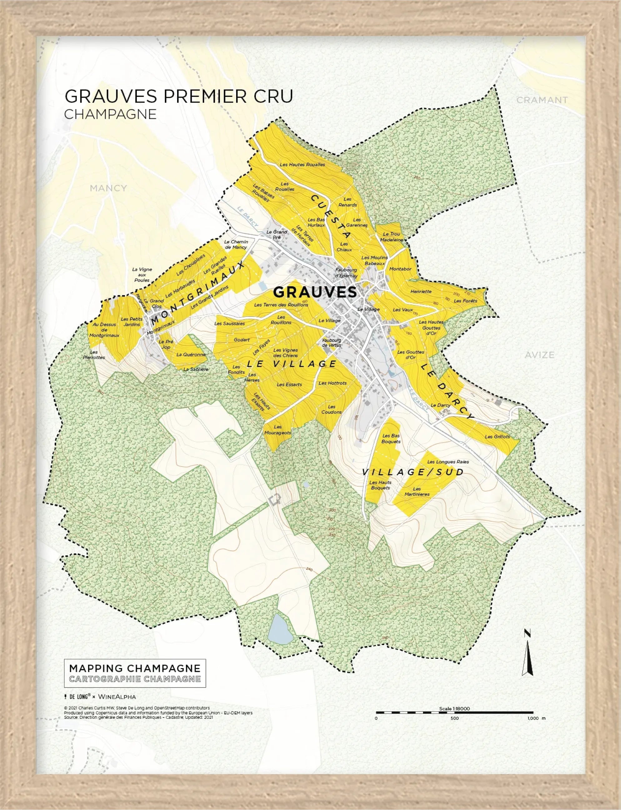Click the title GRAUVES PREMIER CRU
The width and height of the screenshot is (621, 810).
pos(179,96)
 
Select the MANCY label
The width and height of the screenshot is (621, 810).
pos(108,188)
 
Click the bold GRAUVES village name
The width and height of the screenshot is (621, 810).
pos(315,292)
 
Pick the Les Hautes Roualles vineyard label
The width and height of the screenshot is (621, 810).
pos(302,164)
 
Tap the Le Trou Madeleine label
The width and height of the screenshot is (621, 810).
pos(391,237)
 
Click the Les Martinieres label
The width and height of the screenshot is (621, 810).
pos(417,491)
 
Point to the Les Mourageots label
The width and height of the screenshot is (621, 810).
pos(278,430)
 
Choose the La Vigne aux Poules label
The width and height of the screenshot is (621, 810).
pos(142,275)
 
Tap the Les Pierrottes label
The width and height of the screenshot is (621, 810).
pos(94,355)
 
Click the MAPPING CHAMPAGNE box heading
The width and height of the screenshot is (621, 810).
pos(135,668)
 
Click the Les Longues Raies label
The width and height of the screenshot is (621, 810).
pos(448,462)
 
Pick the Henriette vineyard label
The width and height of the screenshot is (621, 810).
pos(421,291)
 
